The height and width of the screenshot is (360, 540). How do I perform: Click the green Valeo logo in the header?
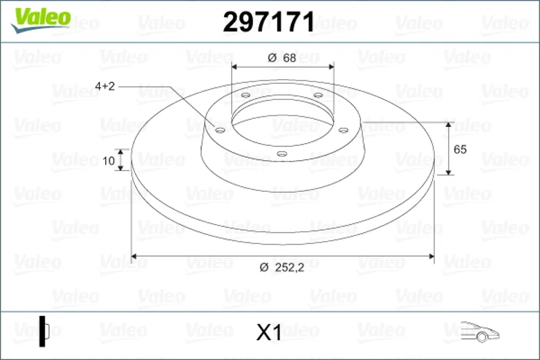click(x=40, y=20)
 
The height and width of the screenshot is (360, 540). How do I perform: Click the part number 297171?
click(x=269, y=22)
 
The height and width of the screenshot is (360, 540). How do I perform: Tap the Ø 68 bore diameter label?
click(x=281, y=58)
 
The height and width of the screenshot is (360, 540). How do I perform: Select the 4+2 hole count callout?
click(x=105, y=86)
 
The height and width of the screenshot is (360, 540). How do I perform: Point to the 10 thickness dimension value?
click(x=109, y=161)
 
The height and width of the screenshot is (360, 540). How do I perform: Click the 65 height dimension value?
click(x=460, y=149)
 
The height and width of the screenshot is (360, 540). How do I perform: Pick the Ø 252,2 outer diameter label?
click(x=282, y=267)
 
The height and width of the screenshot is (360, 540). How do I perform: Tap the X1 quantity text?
click(x=269, y=332)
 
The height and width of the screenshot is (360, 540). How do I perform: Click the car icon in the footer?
click(x=480, y=332)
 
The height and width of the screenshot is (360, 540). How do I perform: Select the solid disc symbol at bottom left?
click(x=44, y=331)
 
